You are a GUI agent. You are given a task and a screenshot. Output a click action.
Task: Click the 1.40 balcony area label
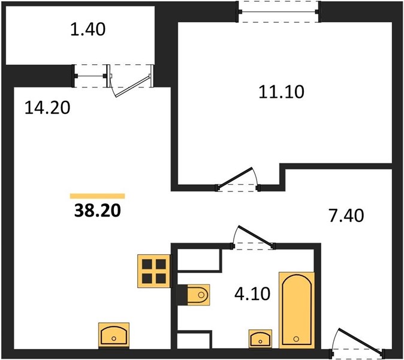(88, 29)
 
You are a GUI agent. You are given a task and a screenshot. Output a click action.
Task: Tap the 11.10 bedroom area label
(281, 92)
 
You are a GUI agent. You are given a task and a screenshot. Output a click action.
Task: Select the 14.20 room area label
(47, 107)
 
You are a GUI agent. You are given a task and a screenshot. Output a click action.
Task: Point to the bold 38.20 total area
(97, 210)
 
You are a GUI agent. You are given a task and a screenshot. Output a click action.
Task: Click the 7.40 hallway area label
(346, 215)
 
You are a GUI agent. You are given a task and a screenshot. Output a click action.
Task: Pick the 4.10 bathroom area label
(252, 294)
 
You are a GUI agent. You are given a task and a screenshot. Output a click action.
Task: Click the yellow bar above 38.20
(97, 196)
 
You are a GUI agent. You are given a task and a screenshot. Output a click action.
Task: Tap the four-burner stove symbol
(154, 271)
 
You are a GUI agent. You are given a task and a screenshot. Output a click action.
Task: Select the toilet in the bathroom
(198, 295)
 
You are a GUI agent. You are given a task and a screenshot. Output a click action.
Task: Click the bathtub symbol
(297, 310)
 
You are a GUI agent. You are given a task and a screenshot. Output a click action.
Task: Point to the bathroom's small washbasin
(260, 338)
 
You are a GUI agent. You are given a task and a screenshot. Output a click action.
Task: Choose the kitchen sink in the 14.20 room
(114, 335)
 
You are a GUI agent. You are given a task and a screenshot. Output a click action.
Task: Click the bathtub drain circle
(296, 339)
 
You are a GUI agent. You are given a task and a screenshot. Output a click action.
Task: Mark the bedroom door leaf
(235, 177)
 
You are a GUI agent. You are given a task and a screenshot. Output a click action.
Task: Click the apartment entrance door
(361, 340)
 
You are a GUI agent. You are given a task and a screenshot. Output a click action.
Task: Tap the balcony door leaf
(132, 86)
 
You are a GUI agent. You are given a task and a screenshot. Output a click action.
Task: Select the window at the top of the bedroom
(279, 11)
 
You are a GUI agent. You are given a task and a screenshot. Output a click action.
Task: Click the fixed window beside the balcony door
(91, 76)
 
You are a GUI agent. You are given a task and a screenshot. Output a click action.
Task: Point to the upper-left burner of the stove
(147, 264)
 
